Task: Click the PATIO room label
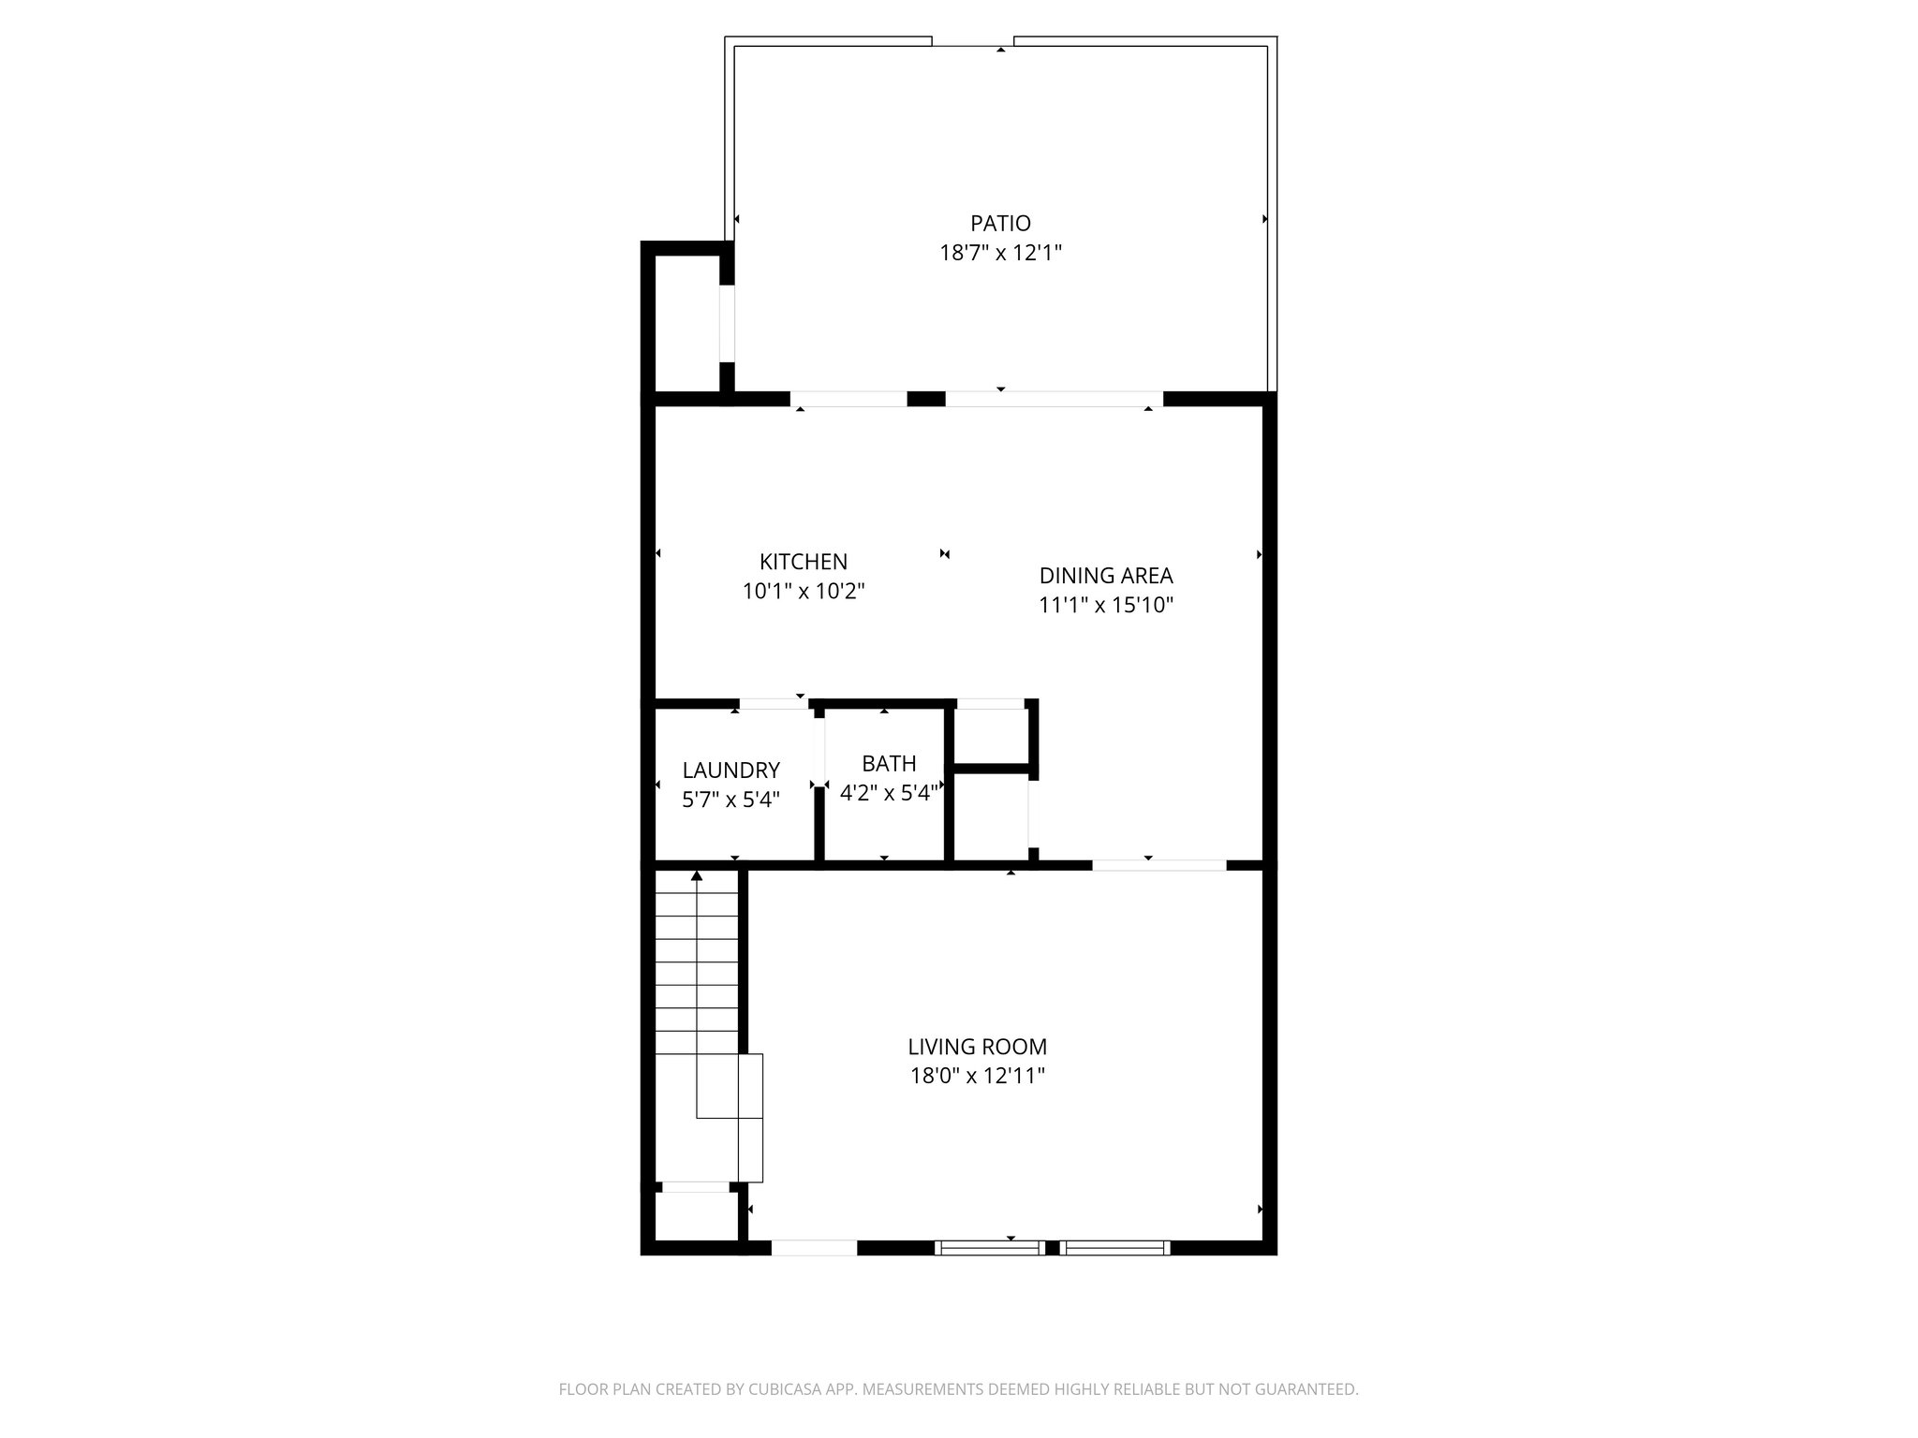[x=1000, y=223]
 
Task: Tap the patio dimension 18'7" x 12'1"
[x=1000, y=253]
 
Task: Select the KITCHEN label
[x=804, y=562]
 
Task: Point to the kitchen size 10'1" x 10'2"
[x=804, y=592]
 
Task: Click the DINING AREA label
[x=1106, y=575]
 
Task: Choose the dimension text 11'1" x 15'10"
[x=1106, y=605]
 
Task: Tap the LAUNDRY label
[x=730, y=770]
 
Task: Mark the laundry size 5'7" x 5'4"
[x=730, y=800]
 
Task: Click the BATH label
[x=889, y=763]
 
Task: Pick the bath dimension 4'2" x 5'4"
[x=889, y=793]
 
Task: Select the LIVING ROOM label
[x=977, y=1047]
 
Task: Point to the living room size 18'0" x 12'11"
[x=977, y=1076]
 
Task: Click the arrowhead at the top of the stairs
[x=697, y=876]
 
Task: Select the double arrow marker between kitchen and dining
[x=945, y=554]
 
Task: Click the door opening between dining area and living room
[x=1158, y=865]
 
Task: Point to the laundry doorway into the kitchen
[x=774, y=704]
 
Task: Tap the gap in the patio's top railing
[x=972, y=41]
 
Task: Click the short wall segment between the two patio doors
[x=926, y=399]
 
